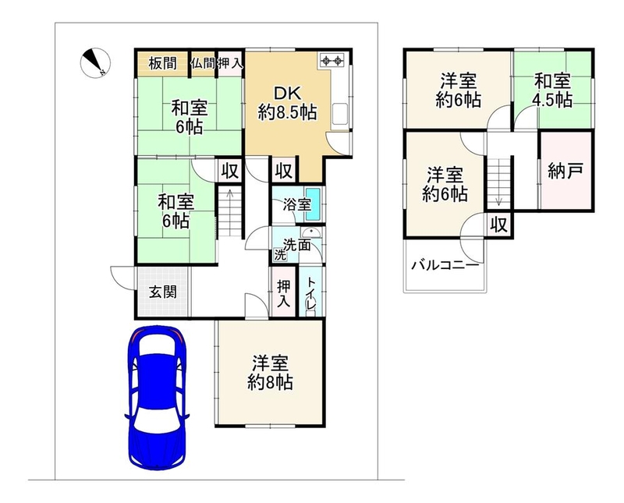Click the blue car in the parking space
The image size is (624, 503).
click(x=157, y=398)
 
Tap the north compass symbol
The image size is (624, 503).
click(x=95, y=62)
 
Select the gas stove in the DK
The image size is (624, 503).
click(x=333, y=61)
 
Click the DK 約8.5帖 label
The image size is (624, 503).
click(x=287, y=104)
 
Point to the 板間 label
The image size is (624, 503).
click(x=163, y=63)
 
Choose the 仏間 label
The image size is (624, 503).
click(x=203, y=63)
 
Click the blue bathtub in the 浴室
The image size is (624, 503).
click(x=314, y=205)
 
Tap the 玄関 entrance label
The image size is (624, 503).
click(x=163, y=292)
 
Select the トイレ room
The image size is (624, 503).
click(x=311, y=292)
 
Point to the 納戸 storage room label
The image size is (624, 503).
click(x=565, y=171)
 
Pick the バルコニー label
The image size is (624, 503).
click(x=445, y=264)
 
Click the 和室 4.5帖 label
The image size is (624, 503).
click(x=553, y=90)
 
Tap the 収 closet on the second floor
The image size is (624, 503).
click(x=499, y=225)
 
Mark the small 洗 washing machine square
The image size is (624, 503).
click(x=280, y=255)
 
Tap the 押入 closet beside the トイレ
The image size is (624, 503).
click(x=283, y=292)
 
